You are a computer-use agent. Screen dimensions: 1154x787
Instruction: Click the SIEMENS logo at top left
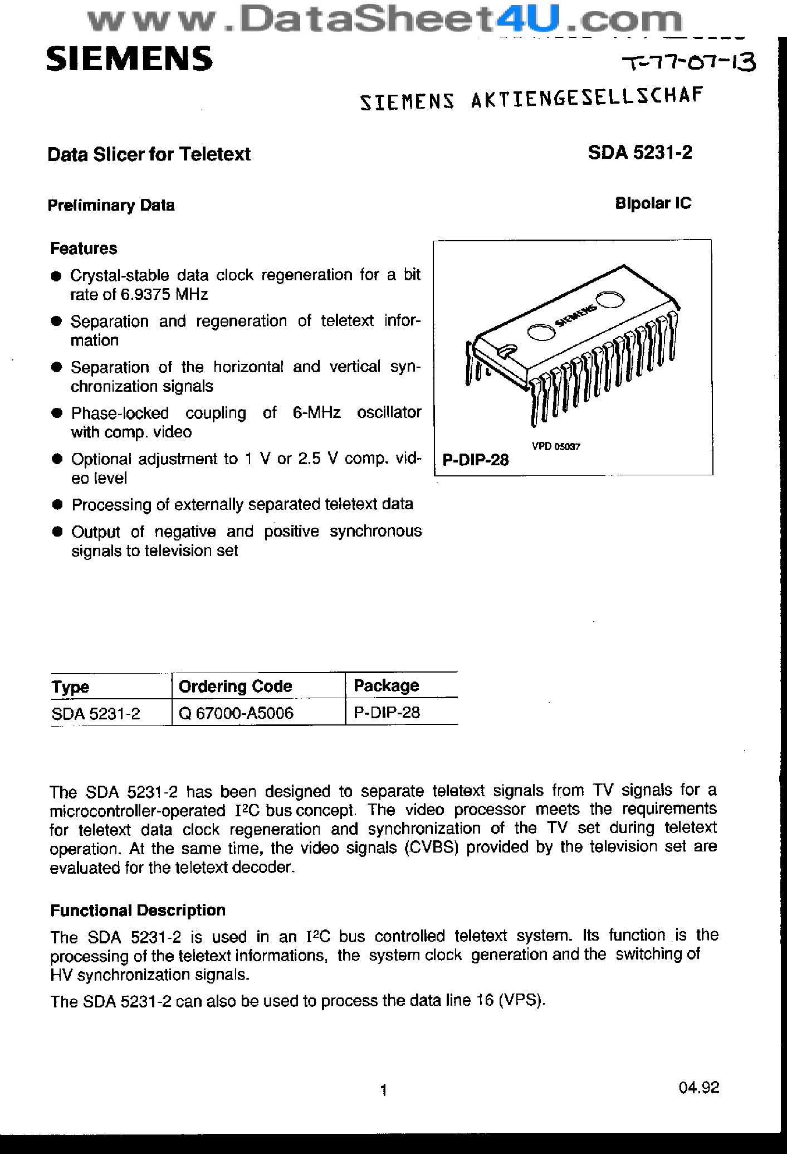[129, 59]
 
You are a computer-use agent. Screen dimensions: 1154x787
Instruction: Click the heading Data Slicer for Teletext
[149, 154]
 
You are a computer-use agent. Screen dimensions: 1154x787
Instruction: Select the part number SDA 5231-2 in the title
[639, 153]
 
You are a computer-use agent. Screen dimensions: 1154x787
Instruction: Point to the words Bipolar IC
[653, 203]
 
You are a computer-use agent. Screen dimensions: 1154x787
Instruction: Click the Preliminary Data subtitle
[111, 205]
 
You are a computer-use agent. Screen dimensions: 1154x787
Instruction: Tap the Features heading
[84, 248]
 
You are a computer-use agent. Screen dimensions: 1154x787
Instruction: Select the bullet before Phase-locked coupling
[56, 413]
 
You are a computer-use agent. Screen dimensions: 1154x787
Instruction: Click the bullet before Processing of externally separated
[56, 505]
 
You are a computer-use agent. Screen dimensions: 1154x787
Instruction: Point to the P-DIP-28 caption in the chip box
[475, 460]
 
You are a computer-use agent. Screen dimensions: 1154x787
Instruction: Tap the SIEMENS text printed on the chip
[577, 317]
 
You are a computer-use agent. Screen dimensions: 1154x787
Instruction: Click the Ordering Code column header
[235, 686]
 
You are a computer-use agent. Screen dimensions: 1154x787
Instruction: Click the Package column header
[386, 685]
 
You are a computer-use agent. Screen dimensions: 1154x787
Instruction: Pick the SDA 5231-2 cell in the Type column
[96, 713]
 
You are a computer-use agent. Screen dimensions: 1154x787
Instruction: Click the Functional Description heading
[138, 910]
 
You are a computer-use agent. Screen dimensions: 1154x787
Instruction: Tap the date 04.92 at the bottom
[699, 1088]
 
